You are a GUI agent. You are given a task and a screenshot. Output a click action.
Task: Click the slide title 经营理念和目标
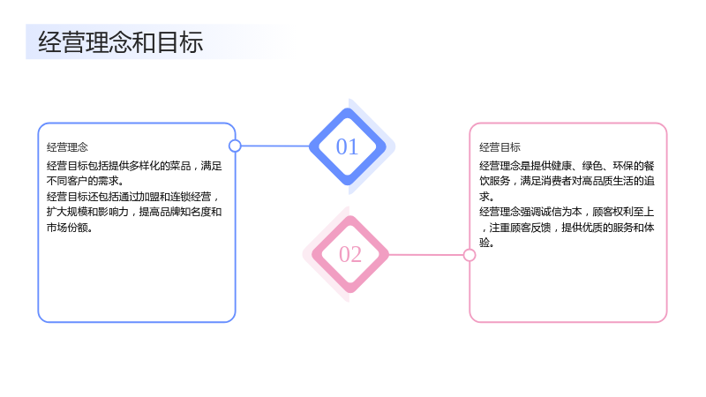tap(121, 42)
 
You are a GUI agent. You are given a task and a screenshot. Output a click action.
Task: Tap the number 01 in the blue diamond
tap(347, 146)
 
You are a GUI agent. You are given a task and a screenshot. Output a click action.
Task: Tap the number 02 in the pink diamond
tap(350, 254)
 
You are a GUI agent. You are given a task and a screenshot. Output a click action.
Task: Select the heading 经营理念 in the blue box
tap(67, 147)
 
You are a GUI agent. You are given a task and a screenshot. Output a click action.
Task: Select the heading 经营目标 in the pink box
tap(499, 147)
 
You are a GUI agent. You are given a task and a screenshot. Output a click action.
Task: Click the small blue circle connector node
tap(235, 146)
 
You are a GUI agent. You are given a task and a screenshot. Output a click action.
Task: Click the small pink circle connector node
tap(469, 255)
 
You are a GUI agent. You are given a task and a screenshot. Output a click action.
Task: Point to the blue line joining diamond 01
tap(275, 146)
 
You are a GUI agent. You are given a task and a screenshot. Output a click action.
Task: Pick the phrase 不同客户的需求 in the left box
tap(82, 181)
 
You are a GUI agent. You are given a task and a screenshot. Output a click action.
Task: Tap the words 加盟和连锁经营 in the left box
tap(175, 197)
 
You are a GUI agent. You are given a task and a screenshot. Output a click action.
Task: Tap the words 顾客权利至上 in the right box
tap(623, 212)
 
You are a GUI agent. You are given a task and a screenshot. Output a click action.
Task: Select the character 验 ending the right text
tap(484, 243)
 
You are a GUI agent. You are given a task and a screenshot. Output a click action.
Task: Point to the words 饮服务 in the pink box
tap(494, 181)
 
